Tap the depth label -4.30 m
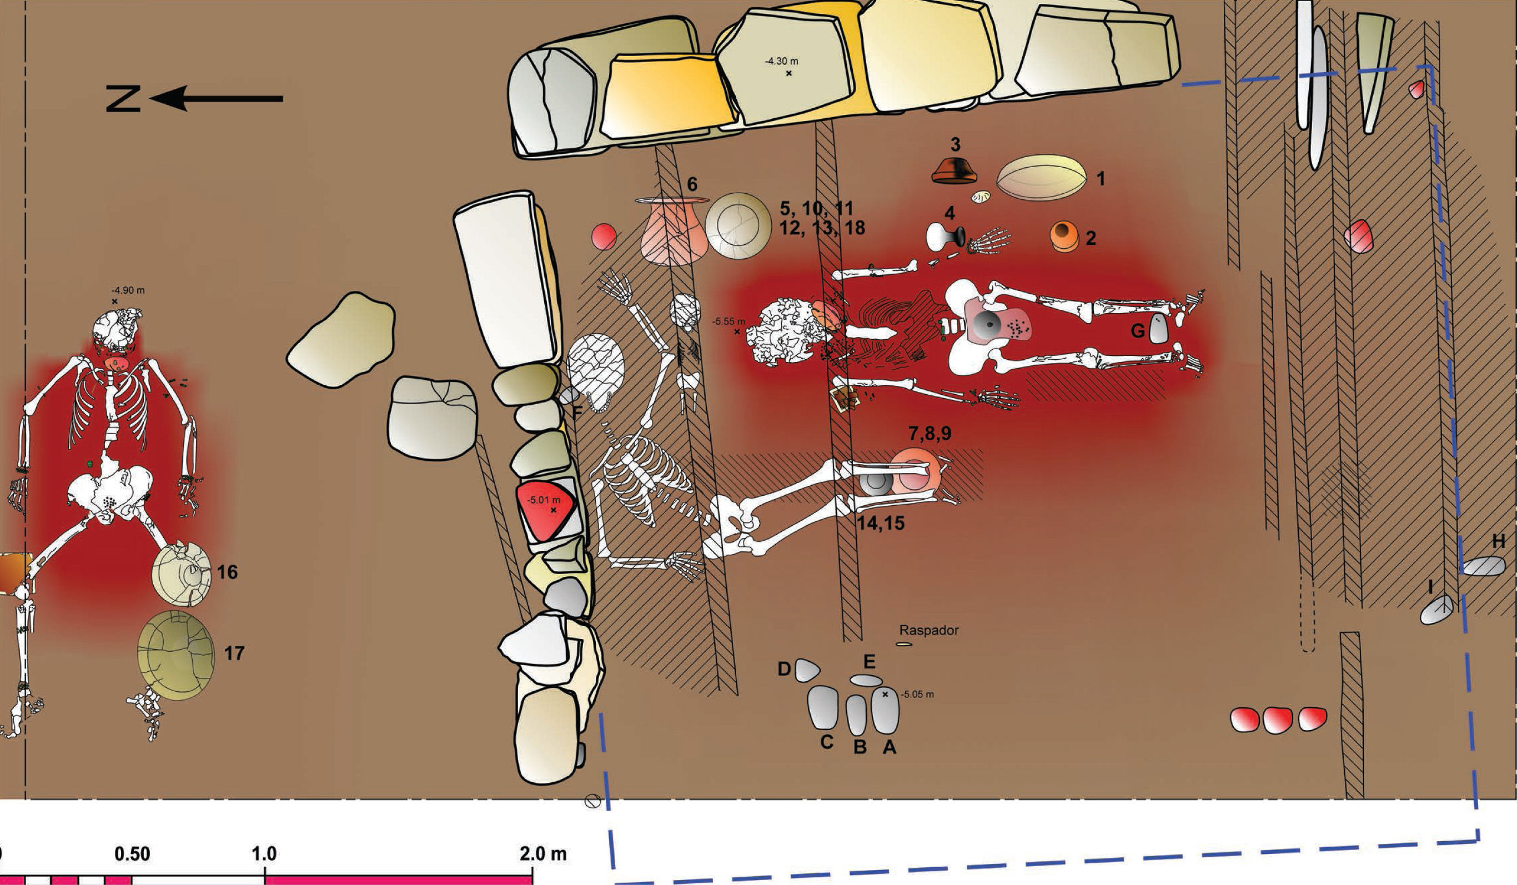point(782,62)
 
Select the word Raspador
point(929,630)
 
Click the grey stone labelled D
point(807,670)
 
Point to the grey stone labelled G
point(1159,329)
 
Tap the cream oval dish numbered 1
point(1042,178)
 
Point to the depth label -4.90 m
point(128,290)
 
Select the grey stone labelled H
point(1484,566)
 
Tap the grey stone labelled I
point(1437,609)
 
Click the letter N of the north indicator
point(123,99)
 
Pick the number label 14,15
point(881,523)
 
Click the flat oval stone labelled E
point(866,680)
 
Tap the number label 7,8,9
point(930,434)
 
